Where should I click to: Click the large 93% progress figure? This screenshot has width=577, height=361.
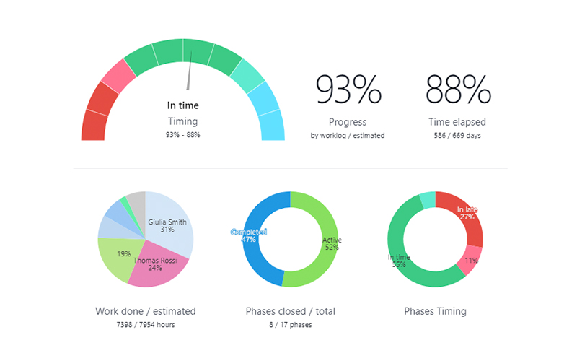point(348,90)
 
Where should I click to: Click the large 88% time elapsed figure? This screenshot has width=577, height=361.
point(458,90)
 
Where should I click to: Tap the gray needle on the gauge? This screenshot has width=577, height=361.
point(190,76)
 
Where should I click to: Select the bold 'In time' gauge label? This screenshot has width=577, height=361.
point(182,105)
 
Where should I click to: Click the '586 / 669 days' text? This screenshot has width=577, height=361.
point(458,136)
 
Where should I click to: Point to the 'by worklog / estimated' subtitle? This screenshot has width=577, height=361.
point(348,136)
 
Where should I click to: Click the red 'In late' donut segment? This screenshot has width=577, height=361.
point(465,213)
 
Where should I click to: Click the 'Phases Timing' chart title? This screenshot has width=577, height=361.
point(435,311)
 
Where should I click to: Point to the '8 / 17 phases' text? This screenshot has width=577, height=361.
point(290,325)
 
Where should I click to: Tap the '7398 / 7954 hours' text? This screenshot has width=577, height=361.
point(145,325)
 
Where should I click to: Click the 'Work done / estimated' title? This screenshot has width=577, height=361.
point(145,311)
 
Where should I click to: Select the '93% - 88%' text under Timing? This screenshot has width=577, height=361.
point(182,135)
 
